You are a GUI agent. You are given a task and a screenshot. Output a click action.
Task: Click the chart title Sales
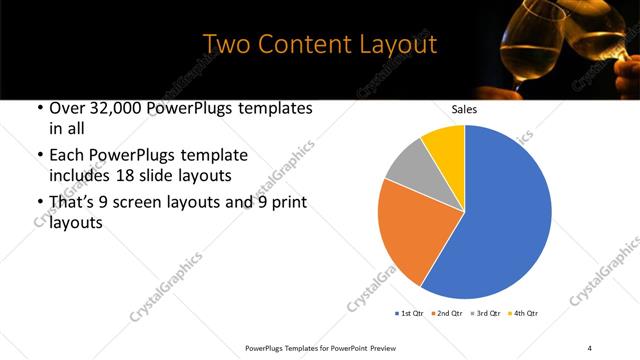coord(464,109)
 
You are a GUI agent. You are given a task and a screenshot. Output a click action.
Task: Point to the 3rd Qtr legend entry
coord(488,313)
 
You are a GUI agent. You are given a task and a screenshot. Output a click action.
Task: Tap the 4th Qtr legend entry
coord(527,313)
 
